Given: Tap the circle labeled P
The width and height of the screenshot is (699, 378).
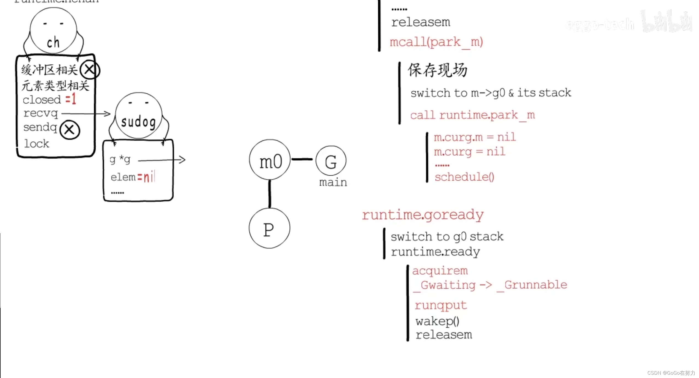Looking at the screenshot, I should pyautogui.click(x=269, y=229).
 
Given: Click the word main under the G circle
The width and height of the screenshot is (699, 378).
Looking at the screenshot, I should pyautogui.click(x=333, y=183).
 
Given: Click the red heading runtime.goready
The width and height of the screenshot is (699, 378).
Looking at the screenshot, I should pyautogui.click(x=423, y=215).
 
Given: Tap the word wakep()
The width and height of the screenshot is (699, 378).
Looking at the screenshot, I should pyautogui.click(x=437, y=321).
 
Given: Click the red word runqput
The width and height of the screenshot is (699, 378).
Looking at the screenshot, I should pyautogui.click(x=441, y=305).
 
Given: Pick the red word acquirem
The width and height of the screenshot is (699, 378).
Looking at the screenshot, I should pyautogui.click(x=440, y=271).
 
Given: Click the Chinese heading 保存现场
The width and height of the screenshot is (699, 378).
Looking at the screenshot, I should pyautogui.click(x=437, y=70).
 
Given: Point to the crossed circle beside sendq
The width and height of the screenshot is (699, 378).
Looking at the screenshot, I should pyautogui.click(x=70, y=130).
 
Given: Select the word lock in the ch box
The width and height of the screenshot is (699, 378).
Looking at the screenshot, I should pyautogui.click(x=37, y=144).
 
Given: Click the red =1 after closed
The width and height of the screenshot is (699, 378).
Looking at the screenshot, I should pyautogui.click(x=71, y=99).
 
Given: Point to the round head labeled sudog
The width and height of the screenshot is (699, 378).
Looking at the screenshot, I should pyautogui.click(x=138, y=116).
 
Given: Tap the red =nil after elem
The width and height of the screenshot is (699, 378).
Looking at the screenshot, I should pyautogui.click(x=146, y=177).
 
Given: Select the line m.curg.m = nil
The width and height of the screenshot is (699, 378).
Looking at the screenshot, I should pyautogui.click(x=474, y=137).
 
